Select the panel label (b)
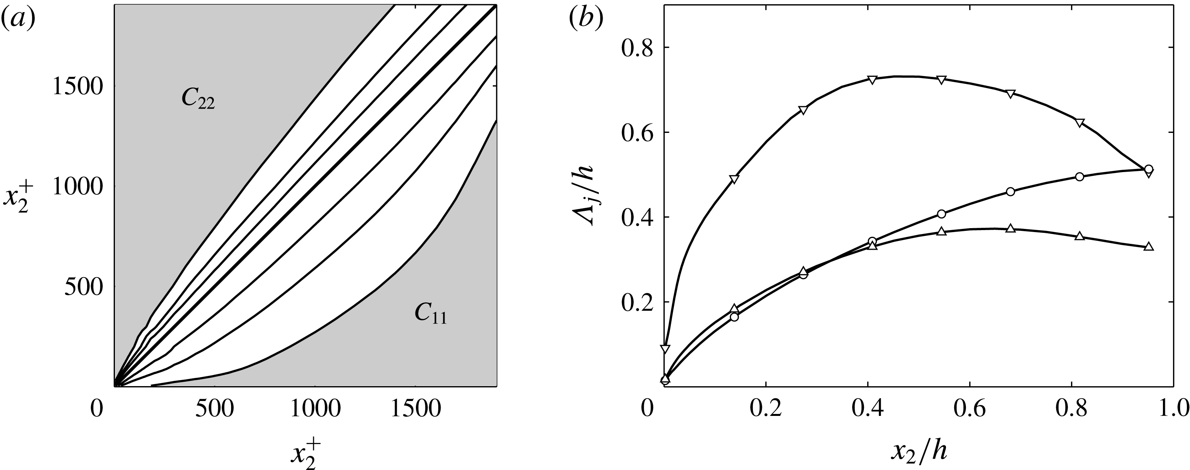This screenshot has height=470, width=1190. pyautogui.click(x=586, y=19)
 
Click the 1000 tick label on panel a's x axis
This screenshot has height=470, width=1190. pyautogui.click(x=316, y=409)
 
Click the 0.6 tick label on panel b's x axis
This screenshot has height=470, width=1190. pyautogui.click(x=969, y=409)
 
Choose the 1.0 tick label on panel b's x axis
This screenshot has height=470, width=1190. pyautogui.click(x=1174, y=409)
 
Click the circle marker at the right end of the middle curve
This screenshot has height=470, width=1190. pyautogui.click(x=1149, y=169)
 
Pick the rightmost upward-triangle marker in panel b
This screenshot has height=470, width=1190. pyautogui.click(x=1149, y=247)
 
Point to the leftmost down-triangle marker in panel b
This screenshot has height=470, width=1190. pyautogui.click(x=665, y=348)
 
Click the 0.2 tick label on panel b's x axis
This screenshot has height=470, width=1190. pyautogui.click(x=765, y=409)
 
